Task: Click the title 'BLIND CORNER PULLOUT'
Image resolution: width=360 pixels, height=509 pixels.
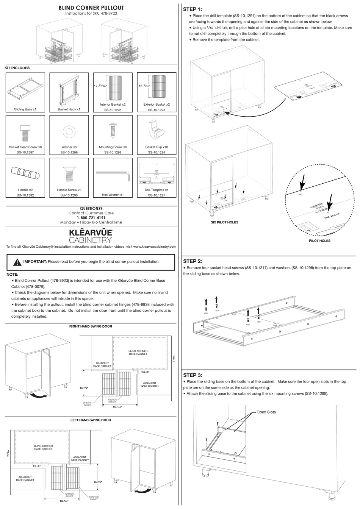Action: (x=91, y=8)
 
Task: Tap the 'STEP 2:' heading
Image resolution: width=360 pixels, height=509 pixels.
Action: (x=193, y=261)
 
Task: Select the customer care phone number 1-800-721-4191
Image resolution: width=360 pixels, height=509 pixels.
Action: (x=91, y=218)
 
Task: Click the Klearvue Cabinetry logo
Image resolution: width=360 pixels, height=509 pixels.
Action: (x=91, y=235)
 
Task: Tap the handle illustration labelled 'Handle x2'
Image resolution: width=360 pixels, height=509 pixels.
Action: (x=25, y=174)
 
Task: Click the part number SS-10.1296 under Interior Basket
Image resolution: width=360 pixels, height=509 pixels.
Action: (x=113, y=110)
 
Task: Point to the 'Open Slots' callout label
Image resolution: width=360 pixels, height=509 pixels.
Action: (x=266, y=412)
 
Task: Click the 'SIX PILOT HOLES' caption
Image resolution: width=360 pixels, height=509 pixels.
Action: (x=224, y=222)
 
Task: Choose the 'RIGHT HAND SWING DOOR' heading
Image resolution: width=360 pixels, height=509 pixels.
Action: (x=91, y=326)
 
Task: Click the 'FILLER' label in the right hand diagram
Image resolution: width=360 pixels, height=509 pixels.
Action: (x=145, y=372)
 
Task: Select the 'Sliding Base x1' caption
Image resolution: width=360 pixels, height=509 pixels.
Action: (x=25, y=109)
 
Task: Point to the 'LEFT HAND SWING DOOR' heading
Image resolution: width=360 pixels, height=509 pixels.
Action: (x=91, y=420)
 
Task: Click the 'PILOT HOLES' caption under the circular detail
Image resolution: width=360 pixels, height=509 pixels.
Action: (x=319, y=240)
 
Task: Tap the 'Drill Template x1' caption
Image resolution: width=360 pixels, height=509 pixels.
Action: (x=156, y=190)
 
